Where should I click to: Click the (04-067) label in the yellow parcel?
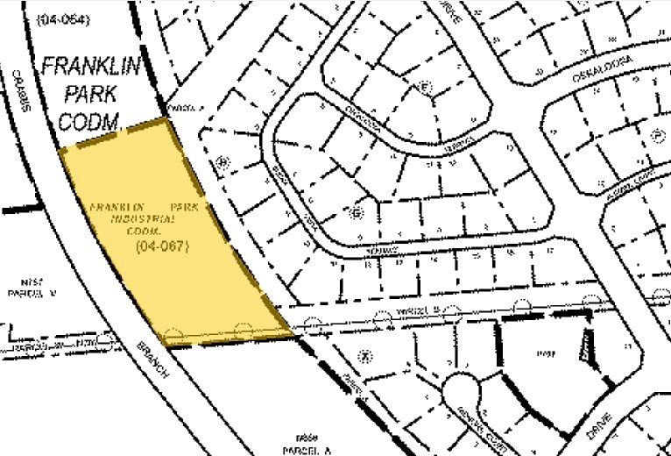[x=163, y=249]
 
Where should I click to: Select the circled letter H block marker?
[x=222, y=160]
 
